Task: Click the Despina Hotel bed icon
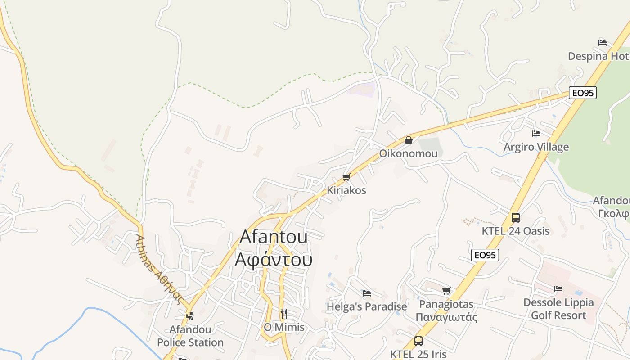pyautogui.click(x=603, y=43)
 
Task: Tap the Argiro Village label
pyautogui.click(x=536, y=147)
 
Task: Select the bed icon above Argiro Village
pyautogui.click(x=536, y=134)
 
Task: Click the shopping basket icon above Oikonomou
pyautogui.click(x=409, y=140)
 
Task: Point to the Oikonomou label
pyautogui.click(x=408, y=153)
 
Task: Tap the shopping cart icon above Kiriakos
pyautogui.click(x=346, y=177)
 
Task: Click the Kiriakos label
pyautogui.click(x=346, y=190)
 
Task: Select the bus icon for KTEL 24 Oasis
pyautogui.click(x=516, y=218)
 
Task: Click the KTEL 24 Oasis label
pyautogui.click(x=516, y=231)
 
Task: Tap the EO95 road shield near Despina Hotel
pyautogui.click(x=582, y=93)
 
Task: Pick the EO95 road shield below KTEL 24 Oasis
pyautogui.click(x=485, y=255)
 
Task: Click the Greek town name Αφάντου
pyautogui.click(x=274, y=260)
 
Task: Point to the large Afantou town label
pyautogui.click(x=274, y=237)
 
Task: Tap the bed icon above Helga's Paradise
pyautogui.click(x=367, y=293)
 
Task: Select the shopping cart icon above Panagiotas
pyautogui.click(x=446, y=291)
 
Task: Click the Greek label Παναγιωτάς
pyautogui.click(x=446, y=317)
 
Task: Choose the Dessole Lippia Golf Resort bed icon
pyautogui.click(x=558, y=289)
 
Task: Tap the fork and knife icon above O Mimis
pyautogui.click(x=284, y=313)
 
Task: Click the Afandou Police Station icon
pyautogui.click(x=190, y=316)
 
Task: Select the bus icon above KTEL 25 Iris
pyautogui.click(x=418, y=341)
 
